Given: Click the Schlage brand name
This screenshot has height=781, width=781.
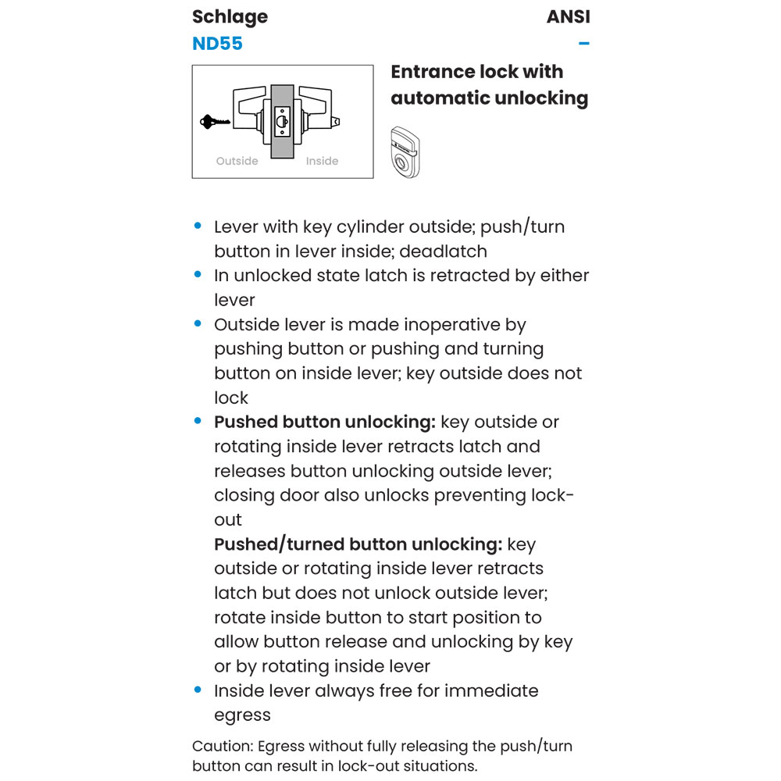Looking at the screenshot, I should [x=230, y=17].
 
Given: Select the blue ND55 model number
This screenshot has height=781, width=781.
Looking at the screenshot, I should [x=217, y=43].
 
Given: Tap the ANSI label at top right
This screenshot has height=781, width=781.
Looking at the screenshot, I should [x=568, y=17].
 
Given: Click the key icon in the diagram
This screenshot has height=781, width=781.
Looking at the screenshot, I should [x=215, y=122].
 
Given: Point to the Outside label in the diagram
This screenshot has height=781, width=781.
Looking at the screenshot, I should [x=237, y=161].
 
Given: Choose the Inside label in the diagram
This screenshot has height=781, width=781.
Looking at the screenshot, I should [x=322, y=161].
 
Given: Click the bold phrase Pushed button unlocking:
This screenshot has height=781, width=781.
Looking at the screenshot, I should [x=324, y=422].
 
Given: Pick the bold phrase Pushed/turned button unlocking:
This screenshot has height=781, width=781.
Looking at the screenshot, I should [x=358, y=544].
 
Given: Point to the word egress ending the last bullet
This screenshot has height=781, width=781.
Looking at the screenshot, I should [x=242, y=715].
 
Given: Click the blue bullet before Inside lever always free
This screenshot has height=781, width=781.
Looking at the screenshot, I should [x=198, y=690].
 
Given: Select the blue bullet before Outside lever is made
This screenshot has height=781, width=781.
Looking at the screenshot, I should [x=198, y=324].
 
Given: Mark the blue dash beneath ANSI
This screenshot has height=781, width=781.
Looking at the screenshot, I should [x=583, y=43].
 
